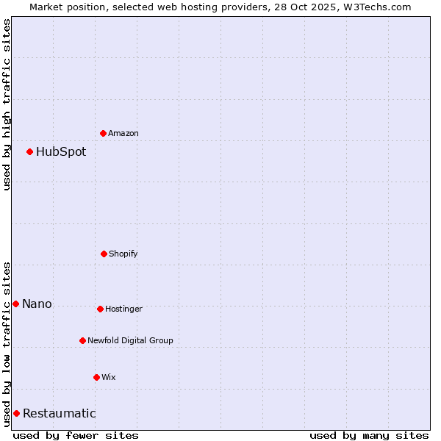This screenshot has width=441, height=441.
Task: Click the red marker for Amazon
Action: [103, 133]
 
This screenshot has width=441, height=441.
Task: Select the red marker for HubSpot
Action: [29, 151]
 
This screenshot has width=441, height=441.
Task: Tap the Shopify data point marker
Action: [104, 254]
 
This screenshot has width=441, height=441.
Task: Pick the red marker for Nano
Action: [15, 304]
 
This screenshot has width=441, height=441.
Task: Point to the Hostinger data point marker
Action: [100, 309]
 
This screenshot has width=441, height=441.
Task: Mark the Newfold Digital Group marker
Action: [82, 340]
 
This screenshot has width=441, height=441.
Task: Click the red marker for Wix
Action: [96, 377]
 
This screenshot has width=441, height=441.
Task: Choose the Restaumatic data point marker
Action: [16, 413]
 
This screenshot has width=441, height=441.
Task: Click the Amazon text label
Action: [123, 133]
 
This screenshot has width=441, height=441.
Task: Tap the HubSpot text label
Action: [61, 152]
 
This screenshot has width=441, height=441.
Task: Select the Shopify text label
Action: [123, 254]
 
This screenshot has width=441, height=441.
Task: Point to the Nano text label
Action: [37, 304]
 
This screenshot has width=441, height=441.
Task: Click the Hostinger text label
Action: [123, 309]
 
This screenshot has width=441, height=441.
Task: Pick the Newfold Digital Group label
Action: [130, 340]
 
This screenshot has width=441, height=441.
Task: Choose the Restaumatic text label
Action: [59, 414]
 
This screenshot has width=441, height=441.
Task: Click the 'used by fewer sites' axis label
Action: [76, 435]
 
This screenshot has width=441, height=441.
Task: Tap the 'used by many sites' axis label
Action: [369, 435]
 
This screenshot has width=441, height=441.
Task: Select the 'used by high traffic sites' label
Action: [7, 104]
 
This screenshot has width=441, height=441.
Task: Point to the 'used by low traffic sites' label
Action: [7, 343]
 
